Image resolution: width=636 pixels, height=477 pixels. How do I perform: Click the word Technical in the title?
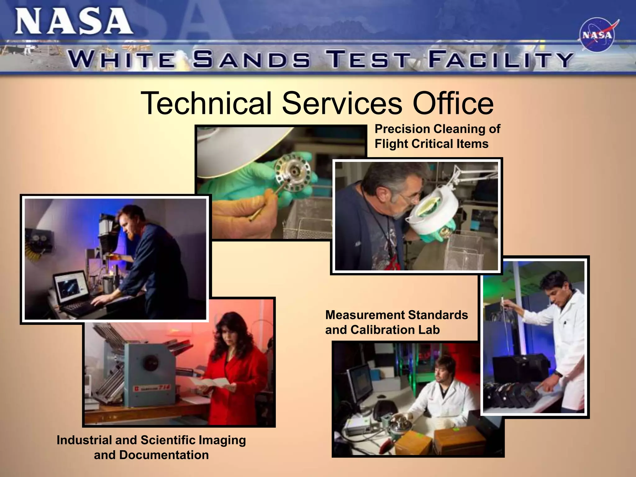[x=206, y=103]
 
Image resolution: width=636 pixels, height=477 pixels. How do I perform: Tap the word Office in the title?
[x=453, y=103]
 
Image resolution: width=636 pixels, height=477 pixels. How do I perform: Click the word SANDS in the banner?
[x=251, y=60]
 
